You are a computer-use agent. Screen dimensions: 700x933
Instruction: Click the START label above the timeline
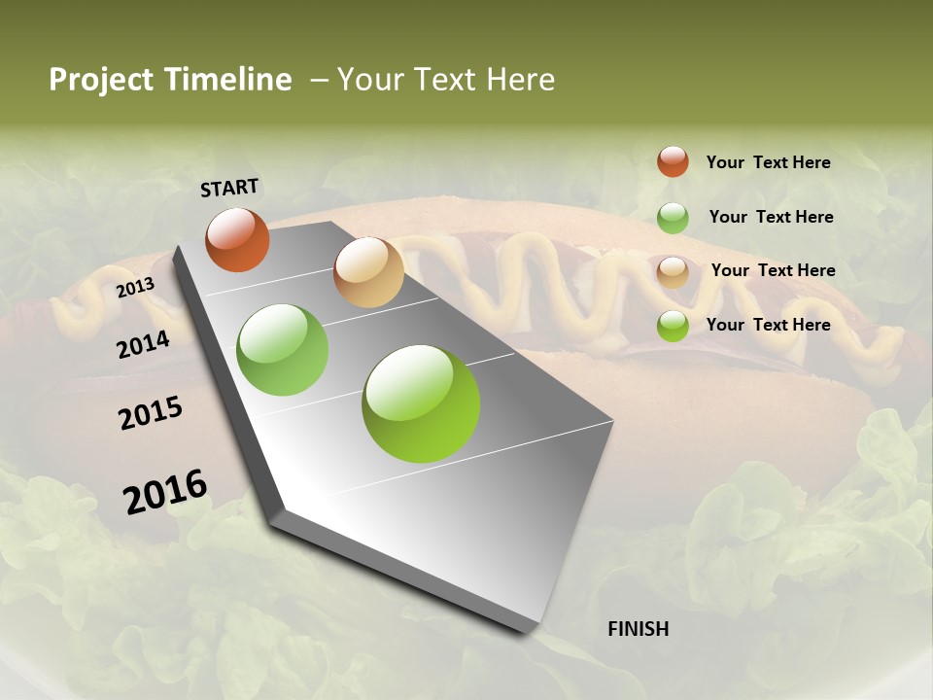click(229, 188)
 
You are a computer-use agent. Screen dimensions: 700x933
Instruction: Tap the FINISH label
click(638, 629)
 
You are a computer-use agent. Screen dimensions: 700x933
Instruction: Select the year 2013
click(135, 288)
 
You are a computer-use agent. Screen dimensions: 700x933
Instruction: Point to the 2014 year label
click(143, 344)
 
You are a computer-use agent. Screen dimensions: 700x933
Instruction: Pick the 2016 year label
click(165, 491)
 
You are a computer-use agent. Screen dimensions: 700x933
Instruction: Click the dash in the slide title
click(319, 80)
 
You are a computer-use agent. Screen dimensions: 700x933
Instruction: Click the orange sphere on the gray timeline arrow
click(237, 239)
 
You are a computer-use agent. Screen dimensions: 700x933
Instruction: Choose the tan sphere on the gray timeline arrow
click(368, 272)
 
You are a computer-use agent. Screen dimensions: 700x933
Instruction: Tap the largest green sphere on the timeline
click(421, 403)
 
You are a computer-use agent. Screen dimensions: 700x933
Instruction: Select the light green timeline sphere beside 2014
click(283, 350)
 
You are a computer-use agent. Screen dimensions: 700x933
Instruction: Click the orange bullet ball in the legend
click(673, 161)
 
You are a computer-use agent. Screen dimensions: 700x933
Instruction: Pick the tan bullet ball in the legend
click(673, 271)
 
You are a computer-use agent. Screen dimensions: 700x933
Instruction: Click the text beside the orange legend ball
click(768, 162)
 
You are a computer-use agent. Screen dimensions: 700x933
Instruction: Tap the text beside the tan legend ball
click(773, 270)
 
